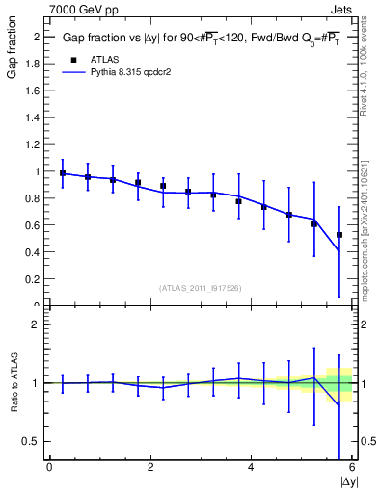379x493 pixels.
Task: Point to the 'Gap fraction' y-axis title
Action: point(13,54)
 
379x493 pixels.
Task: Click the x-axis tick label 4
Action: point(251,468)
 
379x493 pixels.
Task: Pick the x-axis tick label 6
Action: point(351,468)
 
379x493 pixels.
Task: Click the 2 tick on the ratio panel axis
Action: point(37,324)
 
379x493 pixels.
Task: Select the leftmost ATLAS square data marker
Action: point(63,173)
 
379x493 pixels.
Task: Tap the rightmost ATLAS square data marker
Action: point(339,235)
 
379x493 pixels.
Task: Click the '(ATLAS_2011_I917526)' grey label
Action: point(201,288)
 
